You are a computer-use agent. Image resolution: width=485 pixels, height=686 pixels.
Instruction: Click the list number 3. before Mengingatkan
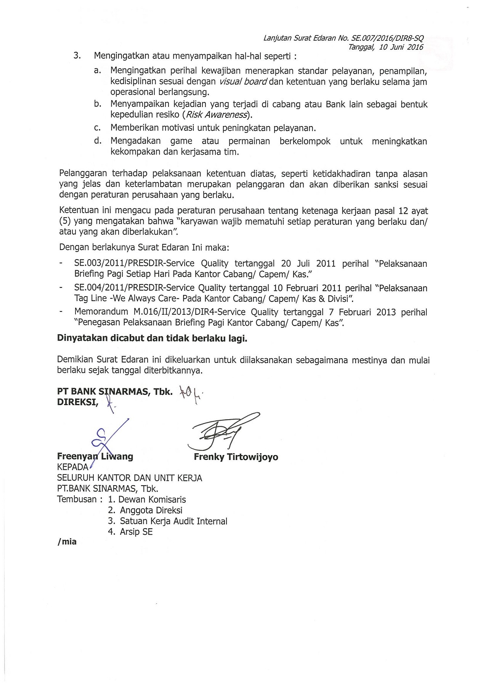pyautogui.click(x=77, y=56)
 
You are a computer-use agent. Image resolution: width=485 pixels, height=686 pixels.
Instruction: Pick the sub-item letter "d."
pyautogui.click(x=98, y=141)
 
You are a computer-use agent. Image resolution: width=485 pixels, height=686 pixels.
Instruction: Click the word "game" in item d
pyautogui.click(x=181, y=141)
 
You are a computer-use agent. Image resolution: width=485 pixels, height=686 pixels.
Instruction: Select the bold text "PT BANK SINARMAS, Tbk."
pyautogui.click(x=115, y=391)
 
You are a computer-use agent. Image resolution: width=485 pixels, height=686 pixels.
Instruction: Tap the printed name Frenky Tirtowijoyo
pyautogui.click(x=236, y=457)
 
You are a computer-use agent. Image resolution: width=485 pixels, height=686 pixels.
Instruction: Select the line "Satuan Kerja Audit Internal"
pyautogui.click(x=173, y=521)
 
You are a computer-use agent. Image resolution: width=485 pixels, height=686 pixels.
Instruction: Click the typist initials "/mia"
pyautogui.click(x=67, y=542)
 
